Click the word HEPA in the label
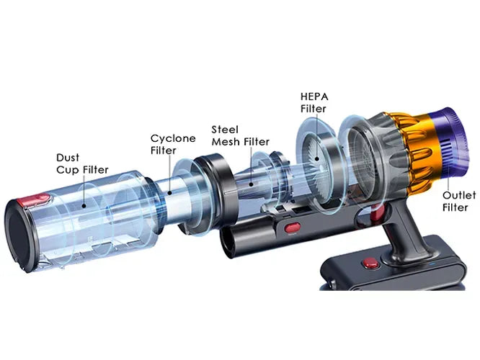pos(314,96)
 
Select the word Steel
pos(224,129)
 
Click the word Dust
pos(68,156)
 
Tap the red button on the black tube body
pos(292,229)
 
